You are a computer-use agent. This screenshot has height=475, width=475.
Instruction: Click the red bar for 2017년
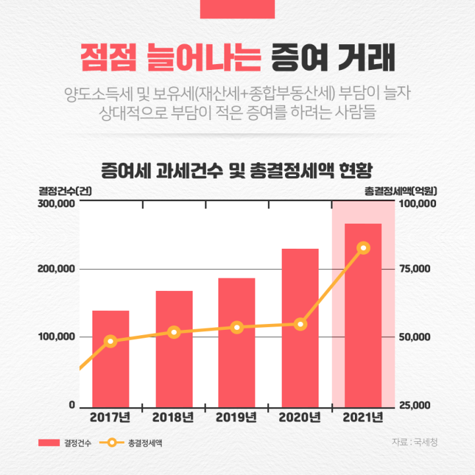(110, 359)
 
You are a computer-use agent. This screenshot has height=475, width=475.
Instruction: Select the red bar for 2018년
(174, 349)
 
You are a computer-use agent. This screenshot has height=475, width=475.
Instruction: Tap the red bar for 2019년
(237, 342)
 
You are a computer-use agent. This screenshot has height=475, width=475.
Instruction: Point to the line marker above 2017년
(111, 341)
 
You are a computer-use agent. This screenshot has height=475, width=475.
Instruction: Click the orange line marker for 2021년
(363, 248)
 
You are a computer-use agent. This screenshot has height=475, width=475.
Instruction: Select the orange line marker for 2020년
(300, 324)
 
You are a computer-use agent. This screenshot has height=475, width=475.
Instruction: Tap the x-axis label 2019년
(237, 418)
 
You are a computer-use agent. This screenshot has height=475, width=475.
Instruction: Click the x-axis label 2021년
(363, 418)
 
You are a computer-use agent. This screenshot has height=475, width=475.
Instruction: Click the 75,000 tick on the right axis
(416, 269)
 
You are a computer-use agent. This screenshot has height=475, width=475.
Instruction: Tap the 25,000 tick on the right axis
(416, 405)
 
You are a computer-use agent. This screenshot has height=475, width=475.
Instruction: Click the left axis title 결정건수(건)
(65, 191)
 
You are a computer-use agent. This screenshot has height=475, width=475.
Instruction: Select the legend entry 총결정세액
(145, 443)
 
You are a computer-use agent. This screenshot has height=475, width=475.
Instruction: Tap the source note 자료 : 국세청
(414, 442)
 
